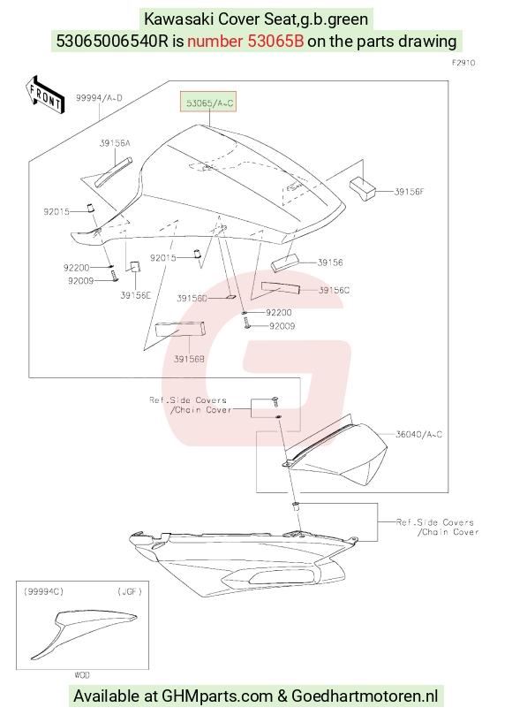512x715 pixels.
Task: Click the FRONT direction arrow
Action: coord(45,95)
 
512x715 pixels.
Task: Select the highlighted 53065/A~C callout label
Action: coord(209,103)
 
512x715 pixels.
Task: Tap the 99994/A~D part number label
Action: coord(99,97)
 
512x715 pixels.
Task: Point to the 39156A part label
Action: coord(115,143)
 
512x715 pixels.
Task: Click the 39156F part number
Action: coord(409,192)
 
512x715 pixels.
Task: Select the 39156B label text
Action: coord(189,359)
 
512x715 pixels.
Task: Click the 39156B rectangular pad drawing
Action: coord(180,329)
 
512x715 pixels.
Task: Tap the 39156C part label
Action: coord(334,291)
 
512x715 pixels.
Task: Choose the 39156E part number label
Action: coord(135,295)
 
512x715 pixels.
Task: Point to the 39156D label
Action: coord(192,298)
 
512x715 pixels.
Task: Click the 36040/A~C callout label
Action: coord(418,435)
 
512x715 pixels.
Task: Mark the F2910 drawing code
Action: coord(463,63)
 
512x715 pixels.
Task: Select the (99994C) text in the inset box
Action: coord(44,591)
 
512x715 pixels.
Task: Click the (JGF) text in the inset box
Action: coord(130,591)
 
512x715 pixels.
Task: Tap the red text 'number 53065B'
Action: coord(245,41)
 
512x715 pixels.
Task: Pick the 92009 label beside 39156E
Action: coord(80,281)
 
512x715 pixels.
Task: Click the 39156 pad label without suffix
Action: coord(330,262)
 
